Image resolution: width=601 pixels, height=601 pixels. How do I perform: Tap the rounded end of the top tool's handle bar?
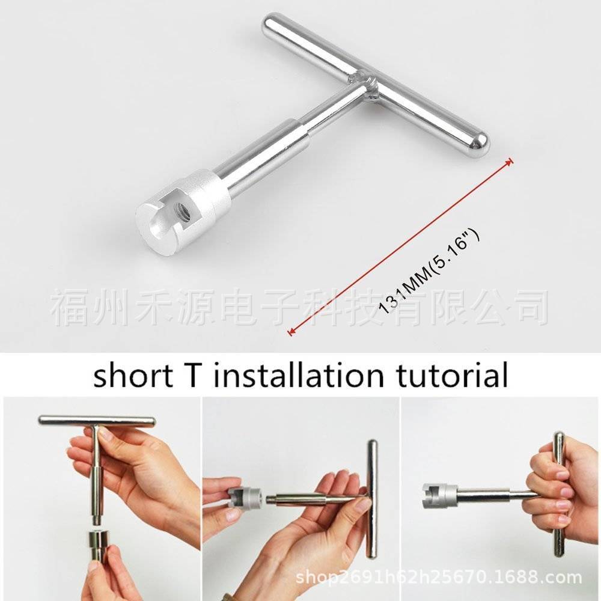coord(479,143)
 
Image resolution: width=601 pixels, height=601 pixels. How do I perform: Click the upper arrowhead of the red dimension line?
coord(510,161)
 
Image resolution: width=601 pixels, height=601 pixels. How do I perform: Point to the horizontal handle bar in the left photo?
coord(96,421)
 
